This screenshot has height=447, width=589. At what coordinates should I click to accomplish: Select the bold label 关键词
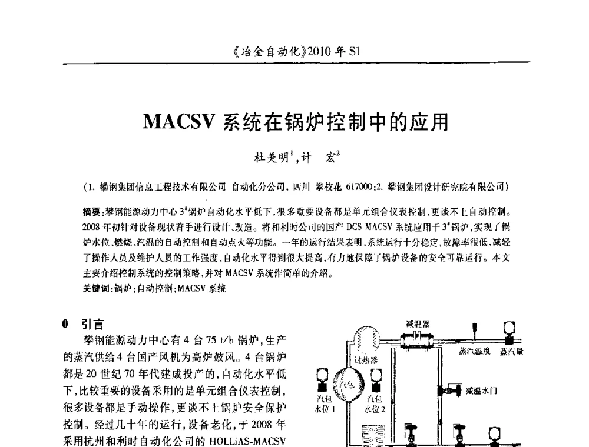[x=96, y=289]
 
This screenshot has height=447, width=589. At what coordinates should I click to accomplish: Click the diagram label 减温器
[x=418, y=323]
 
